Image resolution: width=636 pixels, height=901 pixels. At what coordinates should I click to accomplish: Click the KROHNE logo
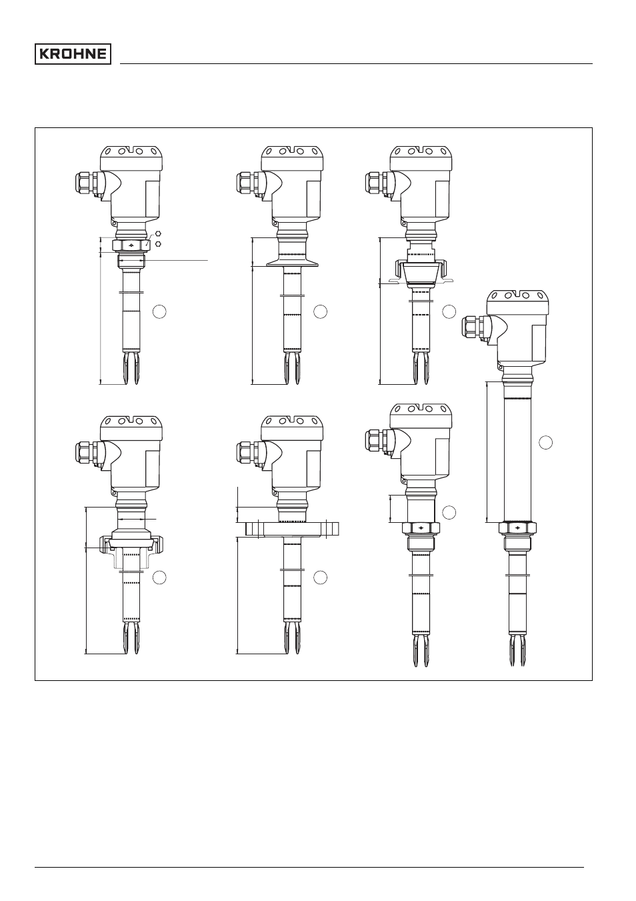click(73, 54)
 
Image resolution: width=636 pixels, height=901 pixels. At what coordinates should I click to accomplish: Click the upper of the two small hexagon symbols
click(158, 233)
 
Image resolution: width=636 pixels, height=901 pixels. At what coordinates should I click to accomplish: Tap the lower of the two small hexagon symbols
click(158, 243)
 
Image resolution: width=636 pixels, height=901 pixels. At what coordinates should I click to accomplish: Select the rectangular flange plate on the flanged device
click(292, 529)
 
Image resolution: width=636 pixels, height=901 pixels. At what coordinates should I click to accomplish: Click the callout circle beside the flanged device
click(321, 577)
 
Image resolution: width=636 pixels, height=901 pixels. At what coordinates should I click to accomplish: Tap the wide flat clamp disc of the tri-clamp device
click(292, 263)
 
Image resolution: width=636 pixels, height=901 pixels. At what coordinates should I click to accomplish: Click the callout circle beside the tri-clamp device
click(321, 311)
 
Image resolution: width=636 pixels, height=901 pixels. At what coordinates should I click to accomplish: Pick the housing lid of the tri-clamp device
click(292, 157)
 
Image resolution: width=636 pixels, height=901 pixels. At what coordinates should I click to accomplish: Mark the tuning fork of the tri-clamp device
click(292, 368)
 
